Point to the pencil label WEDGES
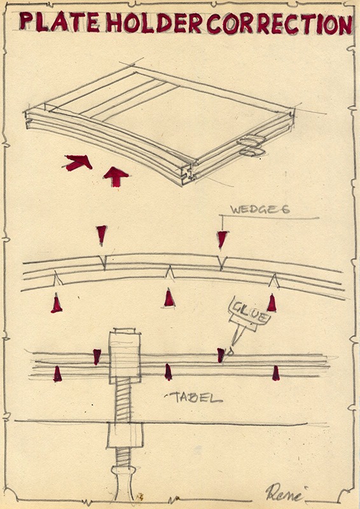pyautogui.click(x=260, y=209)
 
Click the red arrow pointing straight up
pyautogui.click(x=116, y=176)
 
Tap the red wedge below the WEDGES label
pyautogui.click(x=222, y=240)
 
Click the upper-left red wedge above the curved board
pyautogui.click(x=102, y=234)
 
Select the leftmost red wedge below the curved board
pyautogui.click(x=57, y=303)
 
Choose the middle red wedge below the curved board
pyautogui.click(x=169, y=298)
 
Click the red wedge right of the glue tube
pyautogui.click(x=272, y=303)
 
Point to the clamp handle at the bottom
pyautogui.click(x=123, y=484)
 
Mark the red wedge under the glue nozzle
pyautogui.click(x=221, y=355)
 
